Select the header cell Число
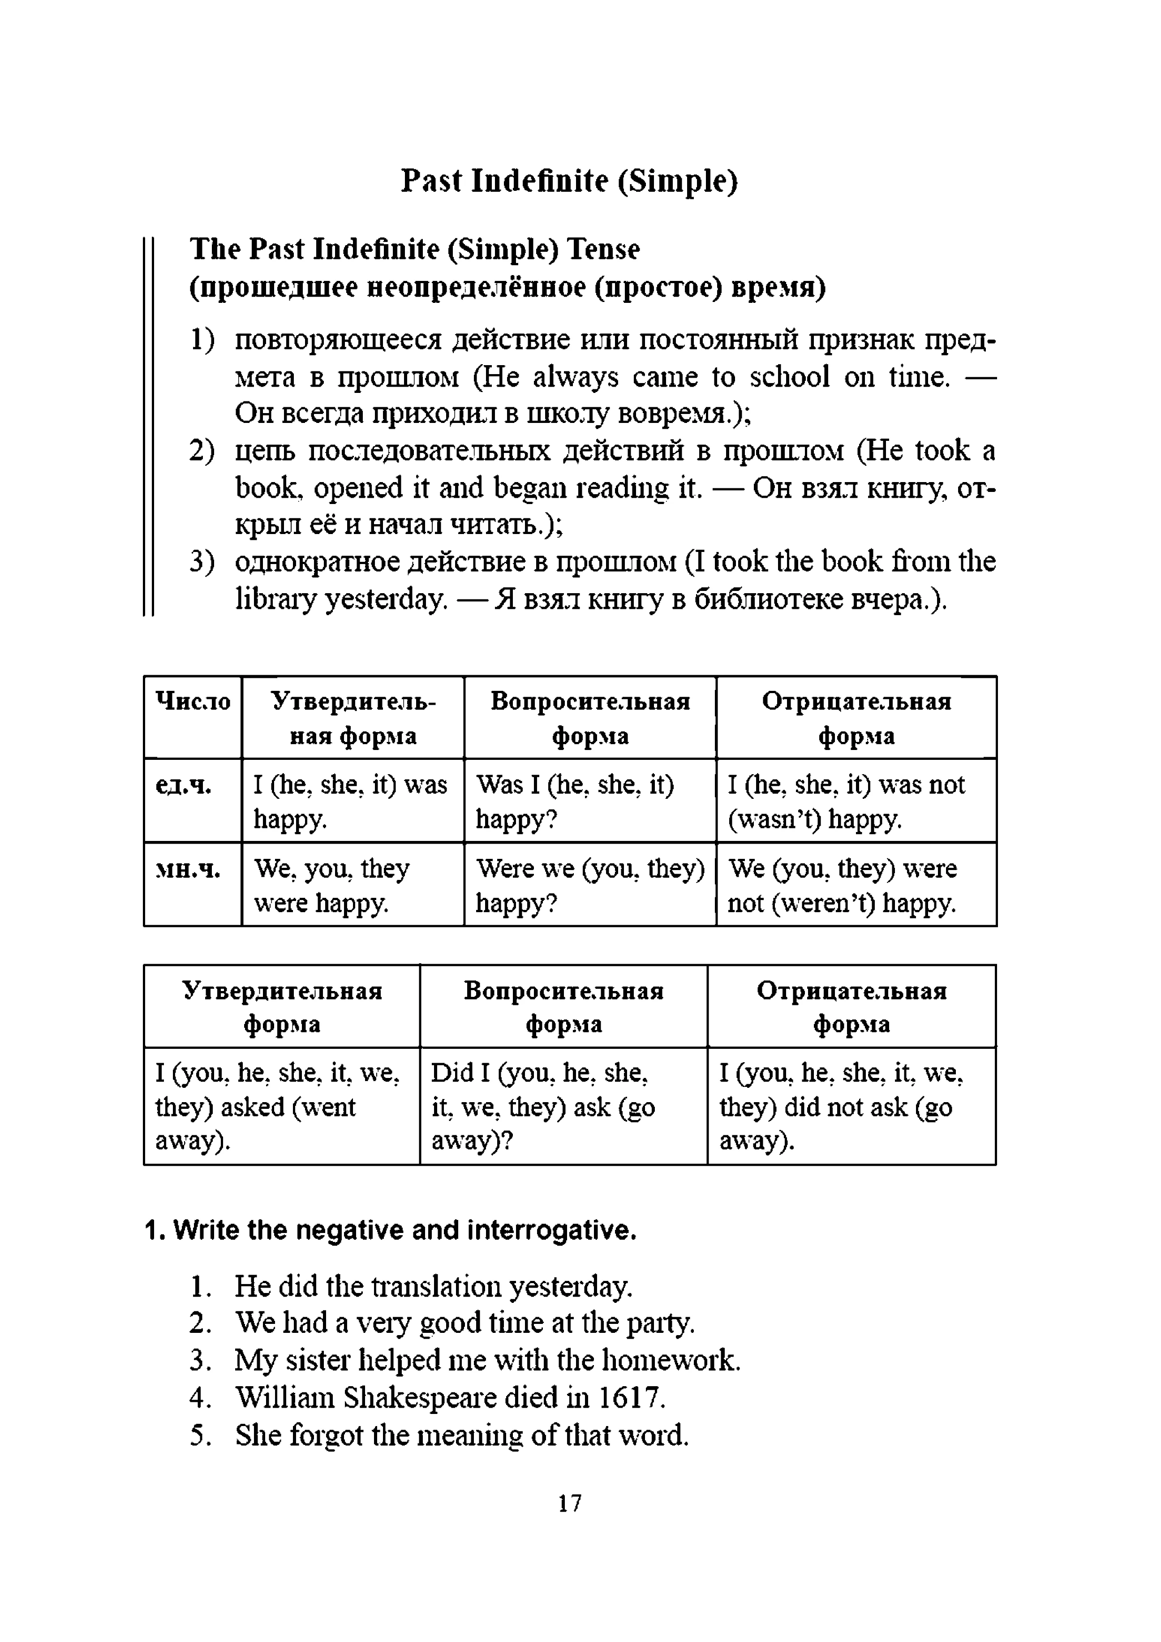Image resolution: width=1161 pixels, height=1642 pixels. point(193,702)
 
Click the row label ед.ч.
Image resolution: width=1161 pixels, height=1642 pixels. point(184,785)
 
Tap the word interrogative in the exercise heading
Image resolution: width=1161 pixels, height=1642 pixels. point(551,1230)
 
